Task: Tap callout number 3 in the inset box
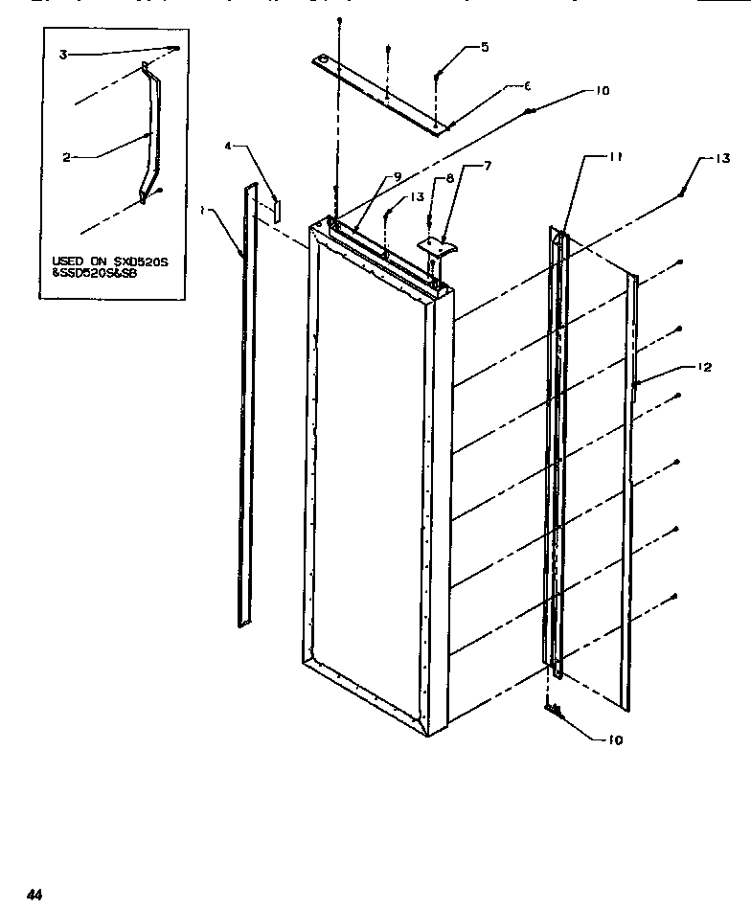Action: pos(63,56)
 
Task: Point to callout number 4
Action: pos(228,147)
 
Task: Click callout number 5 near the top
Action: pos(484,46)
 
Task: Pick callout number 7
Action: pos(487,167)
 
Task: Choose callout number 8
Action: pos(450,177)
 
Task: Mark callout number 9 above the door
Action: pos(396,176)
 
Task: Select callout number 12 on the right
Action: pos(705,367)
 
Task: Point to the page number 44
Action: pos(35,895)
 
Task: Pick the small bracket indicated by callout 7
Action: pos(438,245)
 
